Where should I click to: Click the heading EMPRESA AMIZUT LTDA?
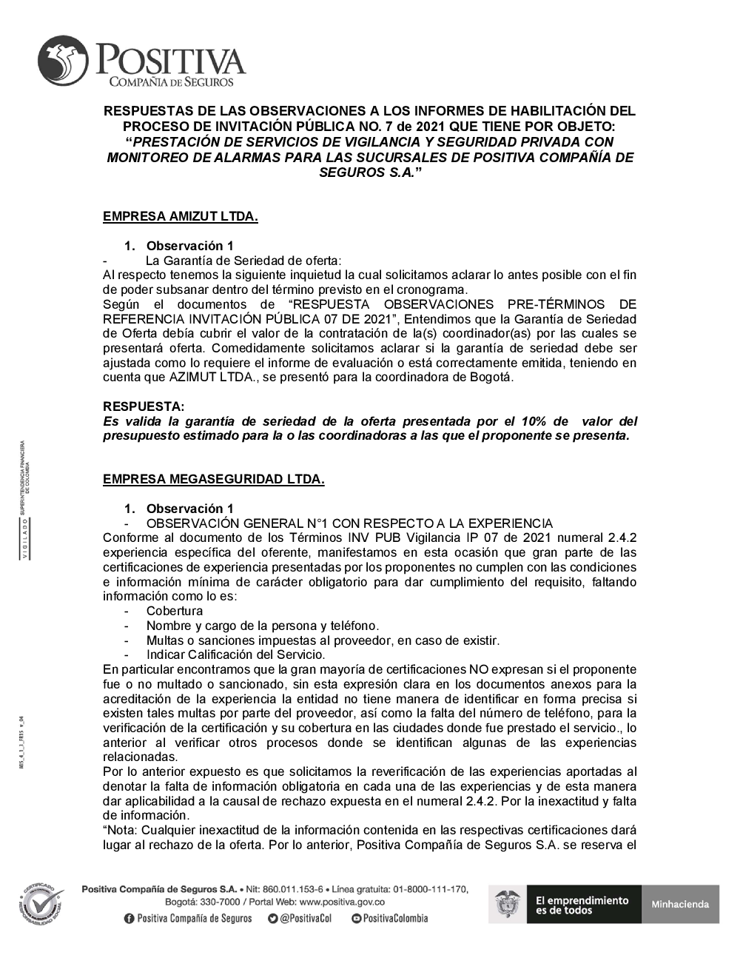coord(180,217)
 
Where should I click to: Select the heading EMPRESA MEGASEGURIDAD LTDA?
coord(213,479)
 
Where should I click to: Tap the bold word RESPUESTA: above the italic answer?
coord(144,406)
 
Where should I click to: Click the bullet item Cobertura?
coord(174,611)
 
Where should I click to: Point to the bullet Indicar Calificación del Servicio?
coord(235,654)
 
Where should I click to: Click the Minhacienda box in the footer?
coord(679,904)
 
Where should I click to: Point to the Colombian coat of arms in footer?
coord(507,904)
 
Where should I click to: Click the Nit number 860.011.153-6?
coord(292,888)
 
